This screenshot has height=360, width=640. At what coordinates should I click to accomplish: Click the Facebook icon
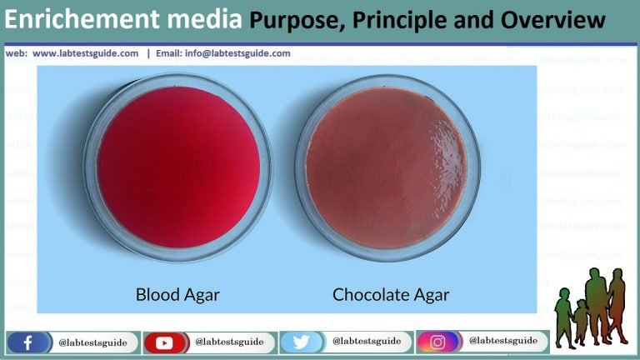(27, 342)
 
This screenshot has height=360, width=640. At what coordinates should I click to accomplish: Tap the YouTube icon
(164, 342)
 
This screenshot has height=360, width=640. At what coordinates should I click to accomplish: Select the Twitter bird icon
(301, 342)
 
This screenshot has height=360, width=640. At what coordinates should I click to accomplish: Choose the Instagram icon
(437, 342)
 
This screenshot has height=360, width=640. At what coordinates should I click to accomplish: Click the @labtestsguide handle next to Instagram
(502, 341)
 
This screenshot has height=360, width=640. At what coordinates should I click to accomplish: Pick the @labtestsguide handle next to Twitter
(366, 342)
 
